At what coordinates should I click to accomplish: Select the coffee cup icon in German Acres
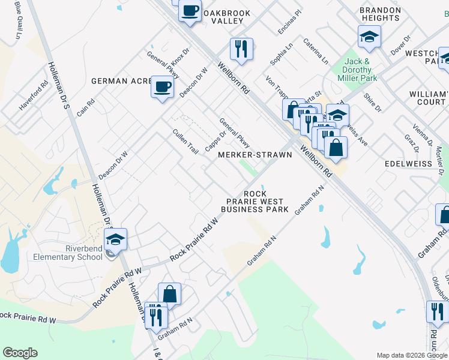point(162,88)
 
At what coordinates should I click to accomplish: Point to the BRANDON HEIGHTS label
point(381,14)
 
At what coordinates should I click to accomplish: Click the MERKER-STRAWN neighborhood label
point(255,155)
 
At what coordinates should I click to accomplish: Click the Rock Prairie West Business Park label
point(255,202)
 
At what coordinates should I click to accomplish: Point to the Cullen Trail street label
point(185,142)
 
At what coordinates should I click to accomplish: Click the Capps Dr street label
point(215,141)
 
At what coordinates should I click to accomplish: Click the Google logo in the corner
point(20,353)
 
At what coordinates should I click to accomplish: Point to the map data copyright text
point(411,355)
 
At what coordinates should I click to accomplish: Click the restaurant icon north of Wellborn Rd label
point(241,49)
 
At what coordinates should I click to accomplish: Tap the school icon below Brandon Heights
point(369,37)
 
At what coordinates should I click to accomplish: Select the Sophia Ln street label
point(281,54)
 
